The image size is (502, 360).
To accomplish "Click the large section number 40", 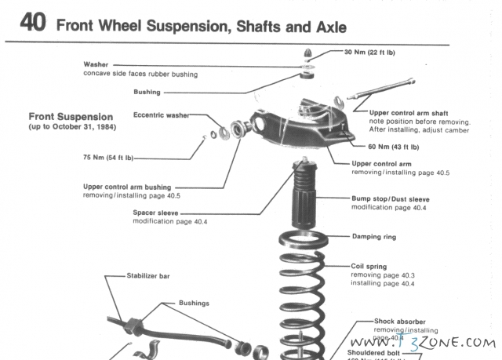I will tap(34, 24).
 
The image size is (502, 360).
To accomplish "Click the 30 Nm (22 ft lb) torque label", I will tap(378, 52).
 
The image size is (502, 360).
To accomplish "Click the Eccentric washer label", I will tap(161, 115).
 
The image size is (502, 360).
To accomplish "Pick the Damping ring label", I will tap(374, 236).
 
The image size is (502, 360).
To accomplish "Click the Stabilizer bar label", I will tap(148, 276).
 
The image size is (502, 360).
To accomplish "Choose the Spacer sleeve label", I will tap(156, 213).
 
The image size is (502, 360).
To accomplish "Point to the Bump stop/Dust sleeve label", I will tap(391, 199).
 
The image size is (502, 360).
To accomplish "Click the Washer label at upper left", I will tap(97, 64).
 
